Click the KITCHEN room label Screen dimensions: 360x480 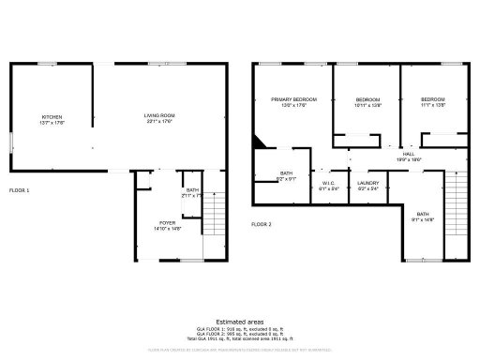pos(52,116)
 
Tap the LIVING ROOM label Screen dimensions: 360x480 pos(160,115)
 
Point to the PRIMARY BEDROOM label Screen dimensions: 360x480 pos(293,99)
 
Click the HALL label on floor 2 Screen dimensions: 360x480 pos(409,154)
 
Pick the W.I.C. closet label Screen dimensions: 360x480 pos(328,183)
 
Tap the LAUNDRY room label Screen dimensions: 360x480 pos(367,183)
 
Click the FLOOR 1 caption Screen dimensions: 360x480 pos(20,190)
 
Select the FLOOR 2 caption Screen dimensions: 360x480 pos(262,225)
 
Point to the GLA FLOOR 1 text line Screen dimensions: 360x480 pos(239,328)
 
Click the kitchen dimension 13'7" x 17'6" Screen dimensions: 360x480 pos(52,122)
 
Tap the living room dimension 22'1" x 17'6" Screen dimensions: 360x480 pos(160,121)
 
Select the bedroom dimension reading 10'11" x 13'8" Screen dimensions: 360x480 pos(368,105)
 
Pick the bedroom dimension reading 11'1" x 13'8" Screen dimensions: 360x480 pos(432,105)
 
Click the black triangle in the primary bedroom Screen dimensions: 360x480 pos(260,142)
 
